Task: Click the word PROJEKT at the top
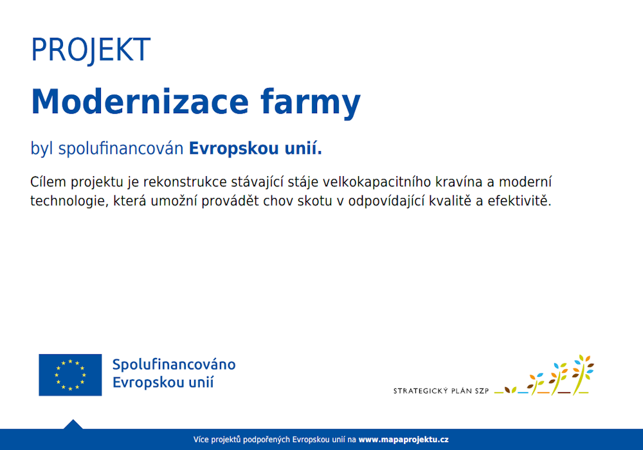tap(91, 50)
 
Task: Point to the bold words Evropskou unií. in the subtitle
tap(255, 149)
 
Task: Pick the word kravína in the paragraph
tap(453, 182)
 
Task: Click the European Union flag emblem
tap(70, 375)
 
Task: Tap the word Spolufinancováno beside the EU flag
tap(174, 365)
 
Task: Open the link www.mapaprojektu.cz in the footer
tap(403, 440)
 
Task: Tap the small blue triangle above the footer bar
tap(73, 424)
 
